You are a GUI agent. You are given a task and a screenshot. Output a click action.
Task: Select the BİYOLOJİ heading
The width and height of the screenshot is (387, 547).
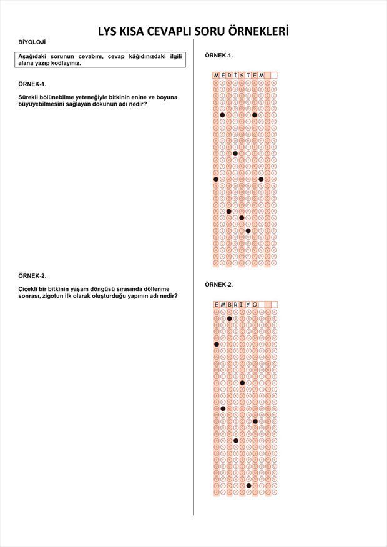[x=32, y=42]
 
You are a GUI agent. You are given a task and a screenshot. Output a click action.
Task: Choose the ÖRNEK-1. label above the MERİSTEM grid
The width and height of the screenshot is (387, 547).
[x=218, y=56]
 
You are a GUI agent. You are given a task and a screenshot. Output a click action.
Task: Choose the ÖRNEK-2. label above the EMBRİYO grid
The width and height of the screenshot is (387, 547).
[x=218, y=284]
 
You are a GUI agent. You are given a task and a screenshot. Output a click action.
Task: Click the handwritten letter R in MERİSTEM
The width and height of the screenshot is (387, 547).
[x=229, y=76]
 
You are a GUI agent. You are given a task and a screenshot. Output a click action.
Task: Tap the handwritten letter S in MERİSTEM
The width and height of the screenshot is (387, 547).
[x=242, y=76]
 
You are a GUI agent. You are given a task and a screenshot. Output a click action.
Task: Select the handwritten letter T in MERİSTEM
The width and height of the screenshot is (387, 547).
[x=248, y=76]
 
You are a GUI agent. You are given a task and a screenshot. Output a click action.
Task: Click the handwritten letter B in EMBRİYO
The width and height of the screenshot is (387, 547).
[x=230, y=305]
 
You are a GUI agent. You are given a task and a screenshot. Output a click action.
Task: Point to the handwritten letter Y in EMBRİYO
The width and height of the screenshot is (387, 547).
[x=248, y=305]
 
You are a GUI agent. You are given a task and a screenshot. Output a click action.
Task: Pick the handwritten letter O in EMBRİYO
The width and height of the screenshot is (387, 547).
[x=255, y=305]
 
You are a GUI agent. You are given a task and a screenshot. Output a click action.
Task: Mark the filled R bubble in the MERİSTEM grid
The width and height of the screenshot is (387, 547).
[x=229, y=211]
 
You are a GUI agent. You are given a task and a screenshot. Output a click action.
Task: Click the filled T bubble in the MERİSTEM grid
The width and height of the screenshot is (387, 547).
[x=248, y=230]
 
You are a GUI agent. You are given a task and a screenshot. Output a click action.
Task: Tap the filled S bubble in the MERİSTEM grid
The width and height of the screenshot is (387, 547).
[x=242, y=218]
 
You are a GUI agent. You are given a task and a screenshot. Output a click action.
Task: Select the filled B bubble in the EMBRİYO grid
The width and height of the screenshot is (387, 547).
[x=230, y=318]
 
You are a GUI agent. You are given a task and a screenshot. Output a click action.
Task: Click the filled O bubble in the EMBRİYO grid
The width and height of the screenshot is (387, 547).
[x=255, y=421]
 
